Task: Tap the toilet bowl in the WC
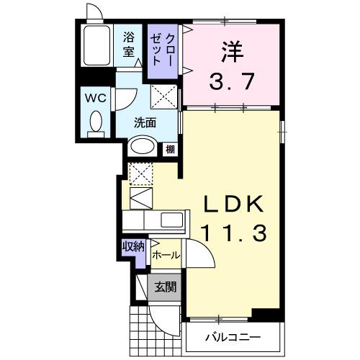(95, 122)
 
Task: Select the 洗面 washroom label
(145, 122)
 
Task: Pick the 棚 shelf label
(171, 149)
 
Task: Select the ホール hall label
(166, 255)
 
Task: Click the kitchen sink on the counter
(172, 220)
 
